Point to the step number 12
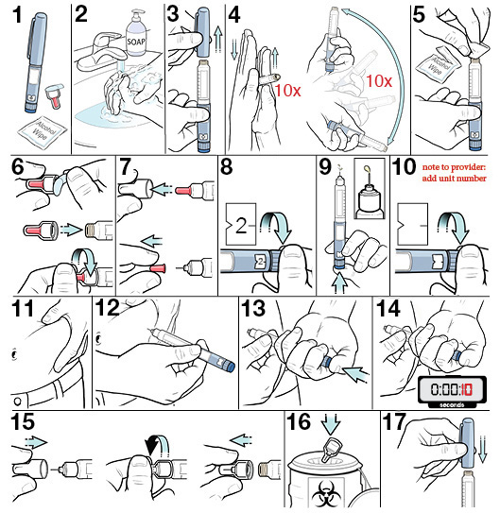coord(107,308)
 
